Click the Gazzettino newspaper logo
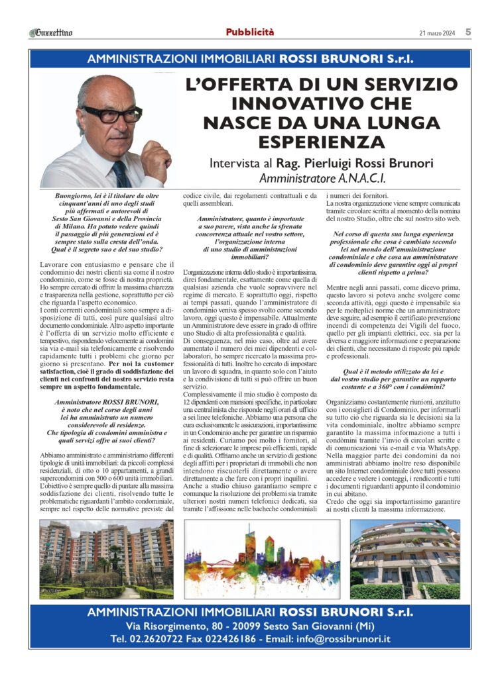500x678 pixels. coord(52,32)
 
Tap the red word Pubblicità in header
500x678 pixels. coord(249,32)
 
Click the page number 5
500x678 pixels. coord(468,32)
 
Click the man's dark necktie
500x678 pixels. coord(120,173)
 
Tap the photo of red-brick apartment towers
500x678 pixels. coord(106,559)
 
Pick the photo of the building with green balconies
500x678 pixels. coord(405,559)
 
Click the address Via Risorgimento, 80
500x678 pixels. coord(174,625)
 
